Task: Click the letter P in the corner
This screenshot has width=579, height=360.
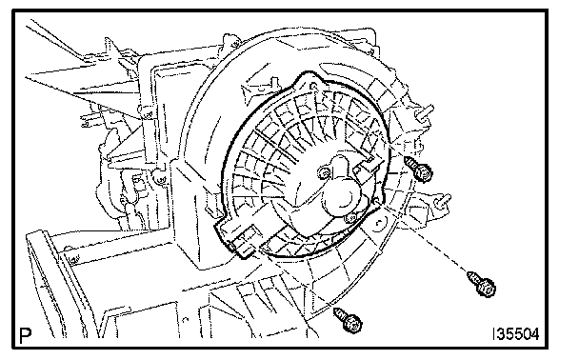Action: (x=26, y=335)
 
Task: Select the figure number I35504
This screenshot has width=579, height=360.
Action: (x=515, y=333)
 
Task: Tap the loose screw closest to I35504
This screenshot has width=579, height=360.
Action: (x=482, y=284)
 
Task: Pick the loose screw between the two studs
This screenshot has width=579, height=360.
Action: (x=418, y=169)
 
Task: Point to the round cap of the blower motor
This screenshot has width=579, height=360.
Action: (x=342, y=197)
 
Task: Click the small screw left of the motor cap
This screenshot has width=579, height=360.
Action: (x=325, y=171)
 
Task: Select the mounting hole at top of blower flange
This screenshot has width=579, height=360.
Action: (x=313, y=87)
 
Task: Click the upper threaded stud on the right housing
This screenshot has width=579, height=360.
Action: (x=425, y=111)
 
